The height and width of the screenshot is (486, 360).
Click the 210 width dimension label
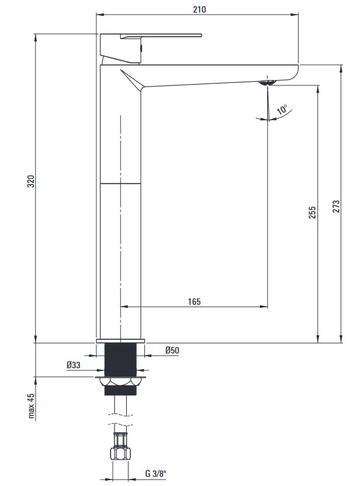coord(199,9)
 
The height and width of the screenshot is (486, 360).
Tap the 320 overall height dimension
coord(31,181)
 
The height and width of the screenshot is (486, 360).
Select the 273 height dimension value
coord(336,206)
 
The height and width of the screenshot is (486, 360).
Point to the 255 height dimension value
coord(312,213)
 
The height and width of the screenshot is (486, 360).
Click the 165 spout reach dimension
coord(195,301)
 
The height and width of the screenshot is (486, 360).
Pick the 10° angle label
coord(282,110)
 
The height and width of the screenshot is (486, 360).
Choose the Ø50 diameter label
coord(172,350)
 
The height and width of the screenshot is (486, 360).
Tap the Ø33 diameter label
coord(73,365)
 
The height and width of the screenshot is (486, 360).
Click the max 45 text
coord(32,406)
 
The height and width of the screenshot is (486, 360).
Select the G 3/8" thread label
coord(155,474)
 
